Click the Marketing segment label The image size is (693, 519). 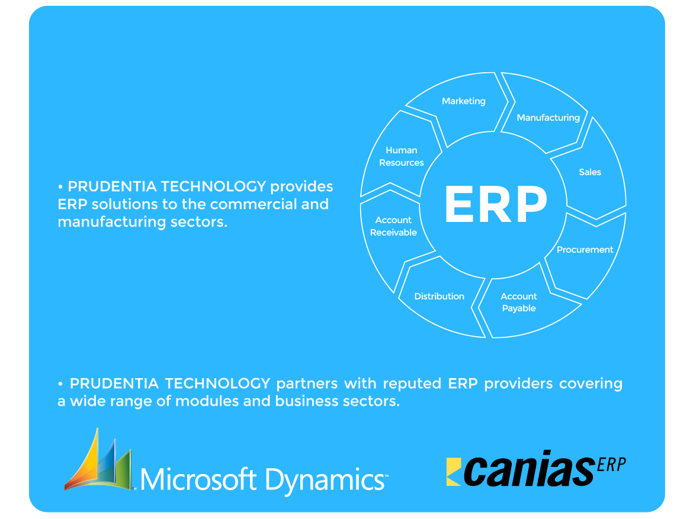[463, 101]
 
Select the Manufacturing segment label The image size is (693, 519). [548, 118]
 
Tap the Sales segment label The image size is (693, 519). [589, 172]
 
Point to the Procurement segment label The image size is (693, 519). [585, 250]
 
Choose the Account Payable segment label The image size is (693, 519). [519, 302]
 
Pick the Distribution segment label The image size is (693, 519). [439, 296]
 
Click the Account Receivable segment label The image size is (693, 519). [393, 226]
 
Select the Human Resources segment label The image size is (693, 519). [402, 156]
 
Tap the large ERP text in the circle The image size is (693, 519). [496, 205]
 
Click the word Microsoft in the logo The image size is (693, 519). [199, 479]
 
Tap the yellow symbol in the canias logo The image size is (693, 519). [454, 472]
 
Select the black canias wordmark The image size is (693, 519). [527, 472]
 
